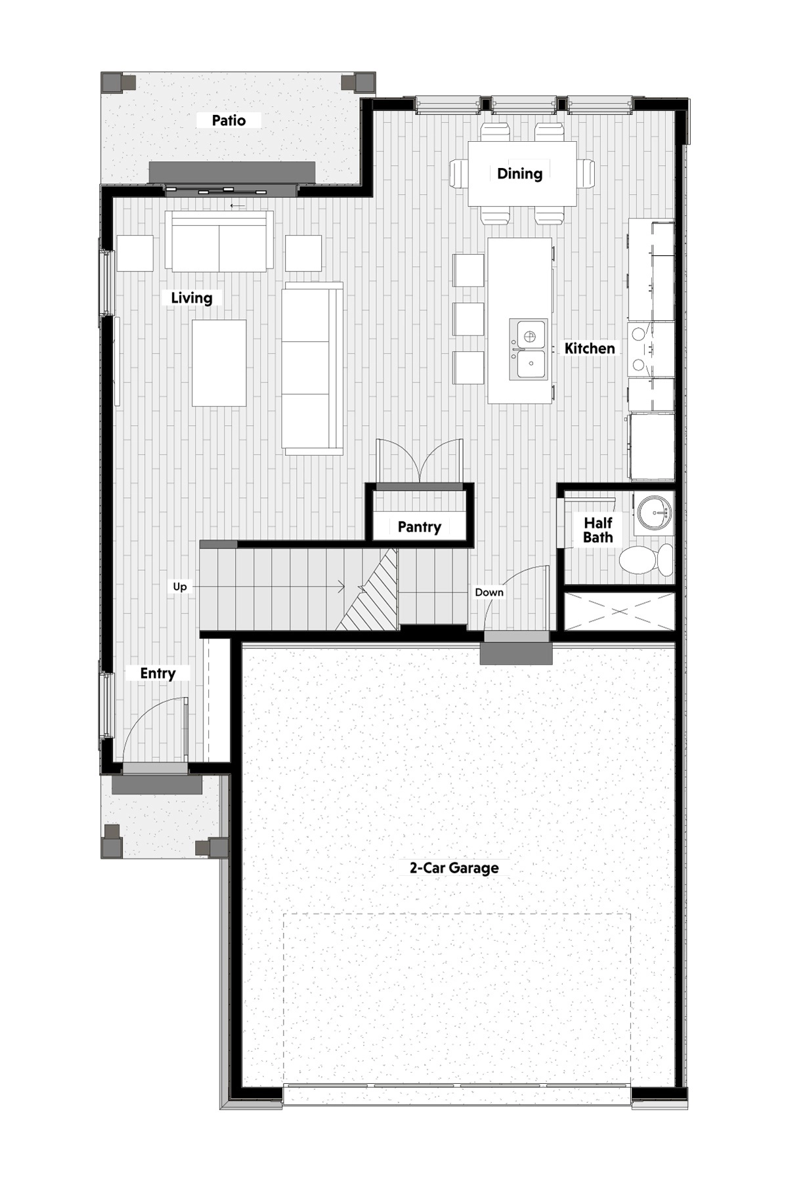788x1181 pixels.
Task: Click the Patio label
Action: click(229, 121)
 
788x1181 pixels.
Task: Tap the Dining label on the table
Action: click(519, 174)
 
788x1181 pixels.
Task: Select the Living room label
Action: click(192, 298)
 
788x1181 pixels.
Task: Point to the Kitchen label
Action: click(590, 348)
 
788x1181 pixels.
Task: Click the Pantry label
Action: click(420, 527)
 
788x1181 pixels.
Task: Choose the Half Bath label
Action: click(598, 530)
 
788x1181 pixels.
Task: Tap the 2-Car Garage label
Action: click(454, 868)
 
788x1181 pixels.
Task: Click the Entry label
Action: click(158, 673)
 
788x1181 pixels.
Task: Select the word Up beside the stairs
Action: click(180, 587)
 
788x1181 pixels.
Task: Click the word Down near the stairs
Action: click(489, 592)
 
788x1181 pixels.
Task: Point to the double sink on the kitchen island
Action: click(529, 349)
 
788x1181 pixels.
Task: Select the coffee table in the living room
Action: click(219, 363)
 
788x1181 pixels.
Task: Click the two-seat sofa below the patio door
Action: click(219, 240)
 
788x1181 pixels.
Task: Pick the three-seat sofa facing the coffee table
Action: click(313, 368)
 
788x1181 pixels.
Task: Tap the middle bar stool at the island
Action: click(468, 319)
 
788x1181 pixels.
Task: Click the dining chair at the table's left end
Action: click(458, 173)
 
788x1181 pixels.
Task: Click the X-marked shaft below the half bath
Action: click(619, 611)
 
